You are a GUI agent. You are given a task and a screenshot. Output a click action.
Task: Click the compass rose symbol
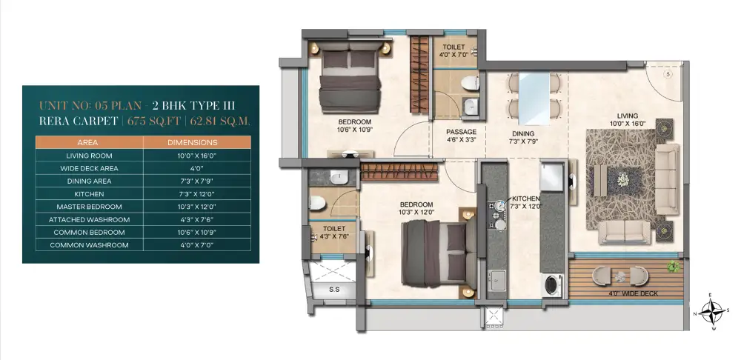713,312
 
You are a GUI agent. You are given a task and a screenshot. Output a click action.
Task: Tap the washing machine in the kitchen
551,285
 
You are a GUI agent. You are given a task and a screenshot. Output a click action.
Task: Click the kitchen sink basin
497,281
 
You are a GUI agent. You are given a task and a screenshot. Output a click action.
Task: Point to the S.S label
334,290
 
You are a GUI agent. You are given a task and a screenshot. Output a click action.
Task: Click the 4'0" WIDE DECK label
634,293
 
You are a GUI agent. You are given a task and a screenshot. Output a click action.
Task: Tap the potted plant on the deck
674,267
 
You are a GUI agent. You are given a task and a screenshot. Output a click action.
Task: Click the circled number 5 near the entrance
668,74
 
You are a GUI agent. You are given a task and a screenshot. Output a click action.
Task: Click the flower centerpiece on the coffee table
623,179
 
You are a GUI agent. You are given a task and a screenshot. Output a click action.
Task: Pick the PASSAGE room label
461,132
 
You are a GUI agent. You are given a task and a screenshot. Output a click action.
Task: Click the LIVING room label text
628,116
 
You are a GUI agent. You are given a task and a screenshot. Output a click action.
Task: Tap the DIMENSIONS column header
193,142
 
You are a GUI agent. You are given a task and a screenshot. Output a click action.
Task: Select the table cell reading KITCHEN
89,193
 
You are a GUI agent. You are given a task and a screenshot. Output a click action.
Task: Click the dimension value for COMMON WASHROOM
197,245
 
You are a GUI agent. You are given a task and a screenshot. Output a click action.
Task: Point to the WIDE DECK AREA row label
89,168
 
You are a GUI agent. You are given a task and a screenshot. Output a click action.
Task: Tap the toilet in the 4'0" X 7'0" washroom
470,83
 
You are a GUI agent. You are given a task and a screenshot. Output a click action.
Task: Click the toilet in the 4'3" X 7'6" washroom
317,204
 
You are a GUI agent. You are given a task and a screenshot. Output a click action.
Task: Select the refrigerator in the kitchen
551,177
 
